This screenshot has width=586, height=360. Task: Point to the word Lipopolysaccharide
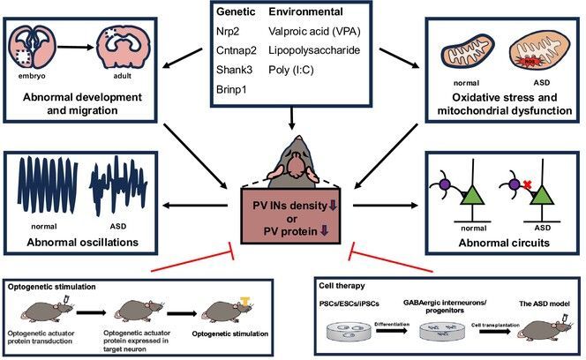point(315,53)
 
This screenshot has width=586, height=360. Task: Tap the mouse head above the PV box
point(292,163)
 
